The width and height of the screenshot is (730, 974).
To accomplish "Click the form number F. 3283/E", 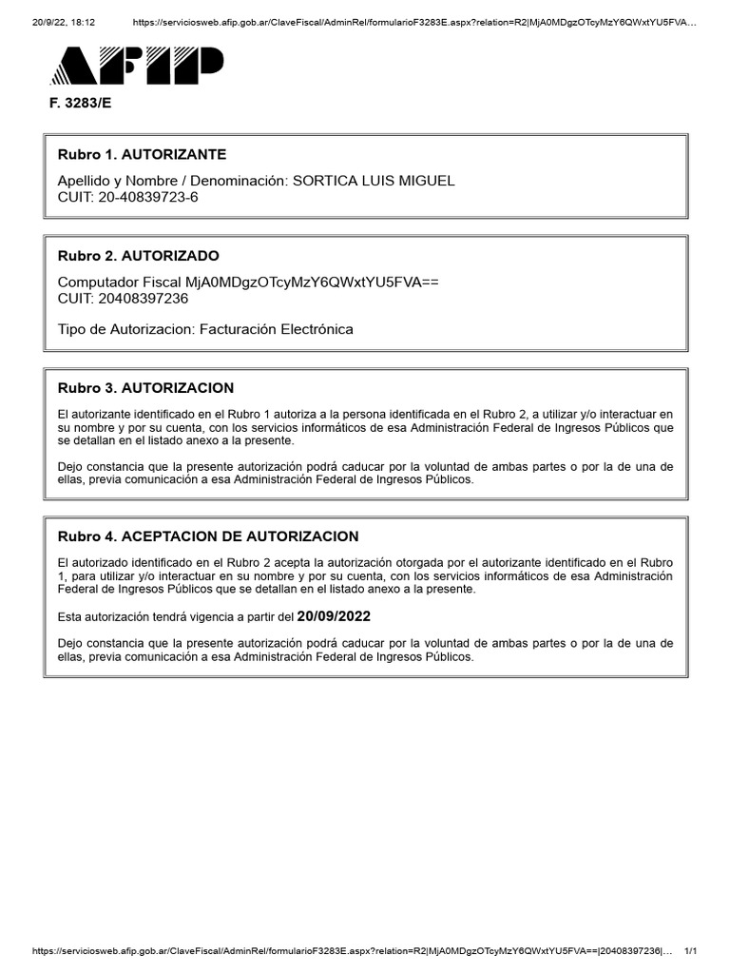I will tap(80, 104).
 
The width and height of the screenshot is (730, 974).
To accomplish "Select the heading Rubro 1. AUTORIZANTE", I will tap(142, 154).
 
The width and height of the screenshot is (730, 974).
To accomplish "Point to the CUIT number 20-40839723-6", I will tap(147, 197).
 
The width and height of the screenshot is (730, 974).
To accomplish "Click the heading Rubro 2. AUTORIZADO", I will tap(138, 256).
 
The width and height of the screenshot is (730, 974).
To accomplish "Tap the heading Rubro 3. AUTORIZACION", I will tap(145, 388).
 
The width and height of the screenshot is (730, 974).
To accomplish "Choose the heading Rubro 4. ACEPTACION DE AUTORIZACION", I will tap(208, 536).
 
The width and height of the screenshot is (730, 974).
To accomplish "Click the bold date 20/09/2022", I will tap(334, 616).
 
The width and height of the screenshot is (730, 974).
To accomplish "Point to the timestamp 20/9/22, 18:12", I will tap(64, 22).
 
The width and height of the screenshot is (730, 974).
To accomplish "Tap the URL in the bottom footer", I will tap(352, 952).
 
